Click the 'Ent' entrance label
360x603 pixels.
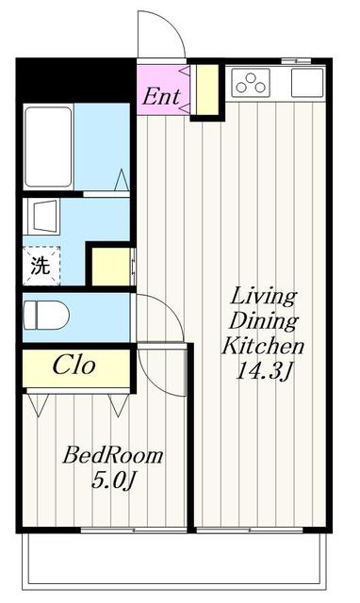[161, 96]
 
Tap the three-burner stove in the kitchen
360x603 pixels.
[251, 83]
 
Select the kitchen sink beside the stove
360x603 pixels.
[306, 83]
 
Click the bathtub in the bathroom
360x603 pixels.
[48, 147]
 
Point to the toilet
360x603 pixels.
[46, 315]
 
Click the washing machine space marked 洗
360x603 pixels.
[41, 266]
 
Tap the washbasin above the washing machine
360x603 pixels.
[41, 216]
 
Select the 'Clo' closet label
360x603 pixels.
[74, 365]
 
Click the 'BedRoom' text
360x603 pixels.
[113, 455]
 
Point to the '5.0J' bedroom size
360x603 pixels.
[114, 480]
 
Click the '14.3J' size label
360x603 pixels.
[264, 372]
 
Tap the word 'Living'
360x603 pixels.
[264, 297]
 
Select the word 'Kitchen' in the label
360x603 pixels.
[263, 346]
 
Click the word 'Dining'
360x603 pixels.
[264, 321]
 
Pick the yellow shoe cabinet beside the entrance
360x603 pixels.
[207, 90]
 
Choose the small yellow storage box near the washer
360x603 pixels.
[111, 267]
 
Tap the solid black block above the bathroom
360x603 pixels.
[76, 80]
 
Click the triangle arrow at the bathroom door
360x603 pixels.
[122, 179]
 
